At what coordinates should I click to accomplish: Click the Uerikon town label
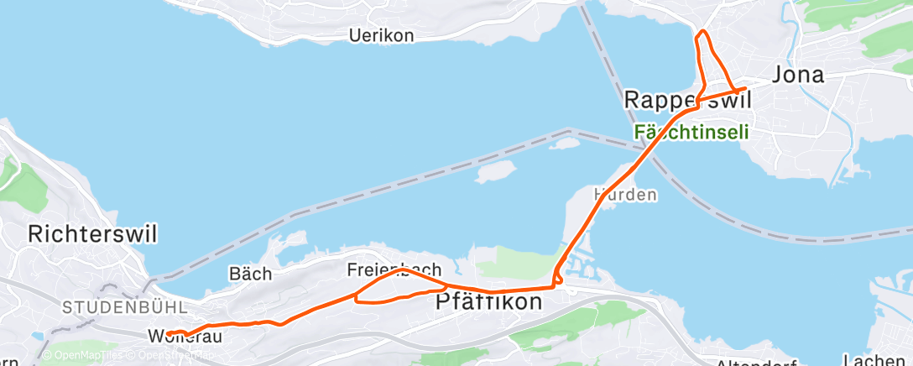[x=382, y=35]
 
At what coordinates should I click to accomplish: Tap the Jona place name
[x=797, y=75]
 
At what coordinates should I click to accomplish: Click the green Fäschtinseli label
[x=691, y=133]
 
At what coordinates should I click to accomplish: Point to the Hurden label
[x=625, y=194]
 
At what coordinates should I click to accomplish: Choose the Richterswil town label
[x=92, y=233]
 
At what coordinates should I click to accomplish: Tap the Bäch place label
[x=250, y=274]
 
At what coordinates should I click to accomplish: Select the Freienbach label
[x=394, y=270]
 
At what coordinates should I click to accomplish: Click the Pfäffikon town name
[x=489, y=302]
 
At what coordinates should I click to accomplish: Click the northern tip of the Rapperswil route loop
[x=702, y=32]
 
